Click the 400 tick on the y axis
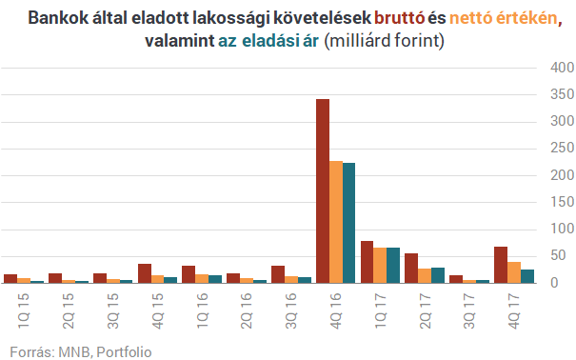pos(562,69)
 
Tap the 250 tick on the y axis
pos(562,149)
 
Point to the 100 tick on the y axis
pos(562,230)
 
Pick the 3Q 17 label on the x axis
pos(469,306)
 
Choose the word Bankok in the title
pos(55,18)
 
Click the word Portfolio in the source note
pos(121,350)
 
